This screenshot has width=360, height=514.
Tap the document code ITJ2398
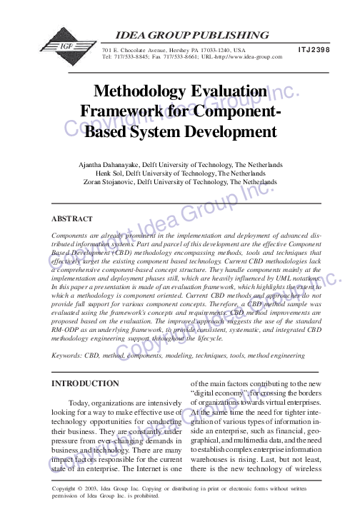(313, 50)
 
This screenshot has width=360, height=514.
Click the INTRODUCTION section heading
(86, 384)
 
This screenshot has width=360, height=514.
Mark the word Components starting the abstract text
(75, 234)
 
